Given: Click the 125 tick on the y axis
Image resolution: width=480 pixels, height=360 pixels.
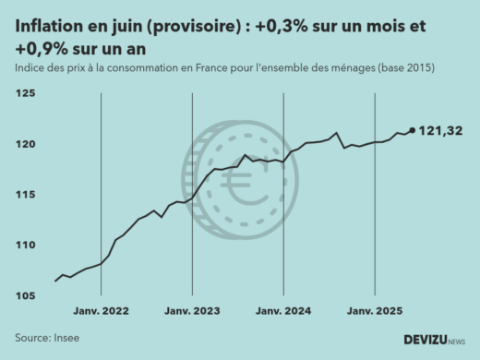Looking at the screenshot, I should click(26, 94).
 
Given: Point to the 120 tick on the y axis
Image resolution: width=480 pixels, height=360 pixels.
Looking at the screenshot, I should click(26, 145).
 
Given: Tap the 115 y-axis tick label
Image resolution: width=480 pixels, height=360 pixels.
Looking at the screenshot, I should click(26, 195).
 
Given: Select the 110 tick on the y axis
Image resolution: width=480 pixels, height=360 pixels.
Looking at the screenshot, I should click(26, 246).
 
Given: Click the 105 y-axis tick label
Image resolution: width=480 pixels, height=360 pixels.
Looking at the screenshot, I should click(26, 295).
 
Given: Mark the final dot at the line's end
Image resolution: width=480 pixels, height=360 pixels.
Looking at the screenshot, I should click(412, 130).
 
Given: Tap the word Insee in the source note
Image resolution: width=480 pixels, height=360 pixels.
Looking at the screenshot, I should click(66, 338).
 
